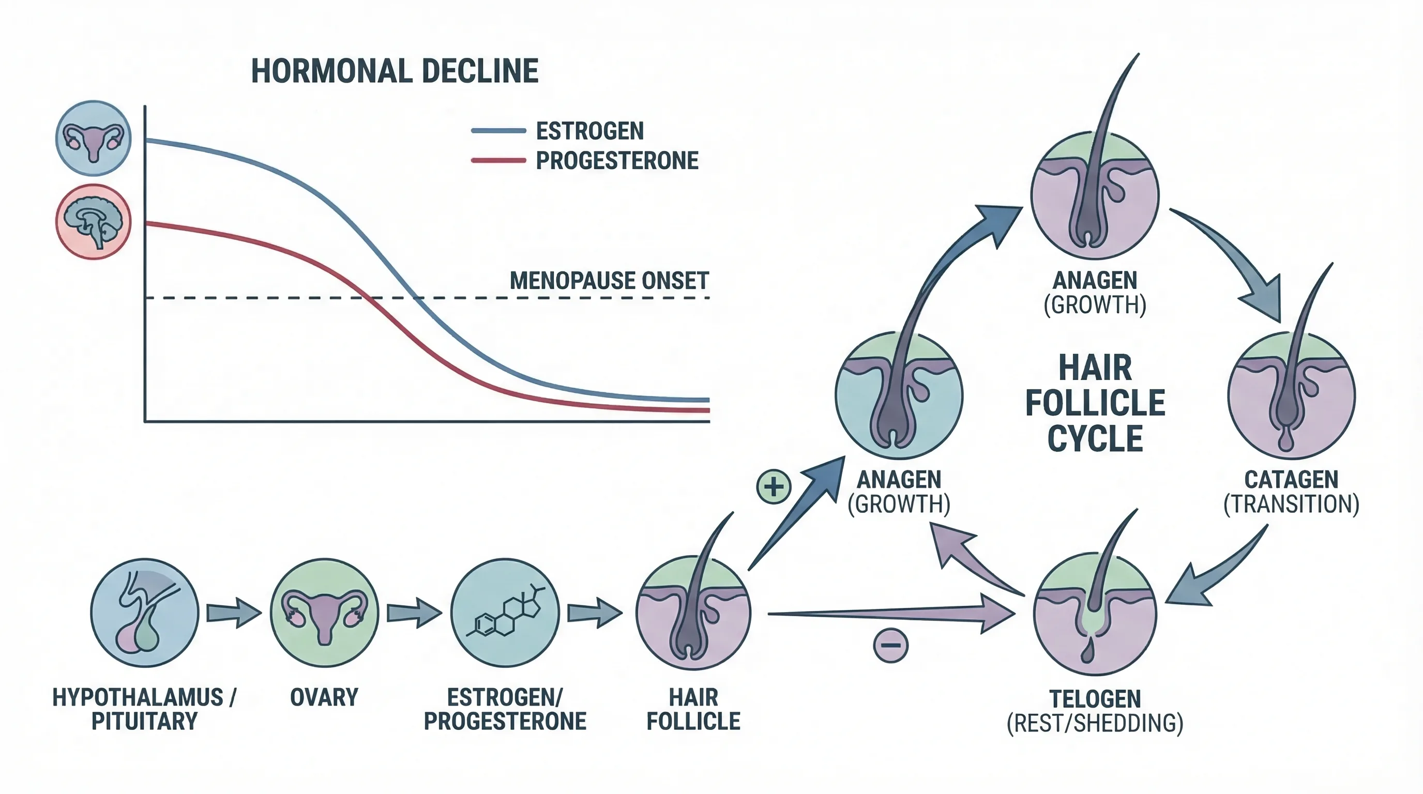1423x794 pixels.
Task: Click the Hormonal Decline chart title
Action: pos(395,71)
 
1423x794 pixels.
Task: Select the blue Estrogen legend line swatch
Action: pos(498,131)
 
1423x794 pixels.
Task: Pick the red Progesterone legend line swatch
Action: pos(498,161)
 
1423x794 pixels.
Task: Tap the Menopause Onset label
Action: pos(609,281)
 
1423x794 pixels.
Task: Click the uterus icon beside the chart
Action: pos(94,138)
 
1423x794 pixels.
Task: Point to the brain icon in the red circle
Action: pos(94,221)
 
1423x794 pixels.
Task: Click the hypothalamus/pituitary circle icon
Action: pos(145,613)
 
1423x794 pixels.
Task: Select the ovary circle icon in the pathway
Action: pos(324,613)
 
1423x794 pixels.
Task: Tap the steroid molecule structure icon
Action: pos(505,613)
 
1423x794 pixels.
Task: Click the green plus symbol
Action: pos(774,486)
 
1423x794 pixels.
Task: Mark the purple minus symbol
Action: pos(890,645)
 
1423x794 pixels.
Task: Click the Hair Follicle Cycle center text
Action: pos(1095,403)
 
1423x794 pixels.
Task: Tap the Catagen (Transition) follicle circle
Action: pos(1291,395)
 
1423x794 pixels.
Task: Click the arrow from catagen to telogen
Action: pos(1215,574)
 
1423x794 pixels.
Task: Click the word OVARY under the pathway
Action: pos(324,697)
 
